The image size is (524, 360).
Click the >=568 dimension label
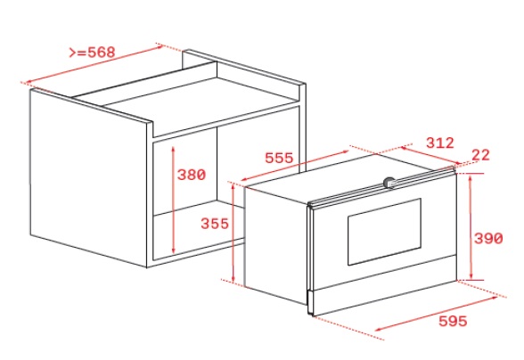[x=92, y=53]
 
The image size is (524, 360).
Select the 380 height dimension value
[x=191, y=175]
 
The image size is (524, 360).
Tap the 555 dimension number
[x=279, y=158]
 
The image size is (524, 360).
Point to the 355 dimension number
[x=215, y=224]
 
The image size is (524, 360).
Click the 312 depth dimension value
[x=440, y=143]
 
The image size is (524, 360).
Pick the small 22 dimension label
[x=480, y=155]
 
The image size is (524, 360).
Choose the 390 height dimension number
[x=488, y=238]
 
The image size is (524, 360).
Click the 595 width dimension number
[x=453, y=321]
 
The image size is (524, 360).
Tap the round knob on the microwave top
[x=389, y=183]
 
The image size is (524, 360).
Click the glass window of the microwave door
[x=384, y=232]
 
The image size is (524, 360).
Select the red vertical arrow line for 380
[x=173, y=200]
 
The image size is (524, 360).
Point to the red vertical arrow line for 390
[x=471, y=227]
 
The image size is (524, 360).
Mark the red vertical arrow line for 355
[x=233, y=233]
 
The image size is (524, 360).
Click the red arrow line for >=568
[x=94, y=64]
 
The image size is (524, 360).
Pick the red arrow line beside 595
[x=437, y=314]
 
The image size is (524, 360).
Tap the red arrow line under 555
[x=294, y=166]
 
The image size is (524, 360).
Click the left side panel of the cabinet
[x=88, y=177]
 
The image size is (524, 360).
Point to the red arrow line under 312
[x=430, y=155]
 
